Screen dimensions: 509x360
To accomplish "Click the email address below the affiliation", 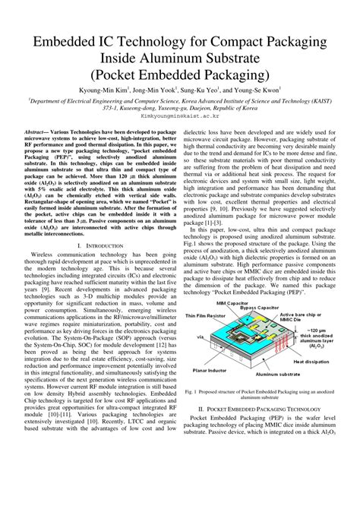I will click(180, 118).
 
